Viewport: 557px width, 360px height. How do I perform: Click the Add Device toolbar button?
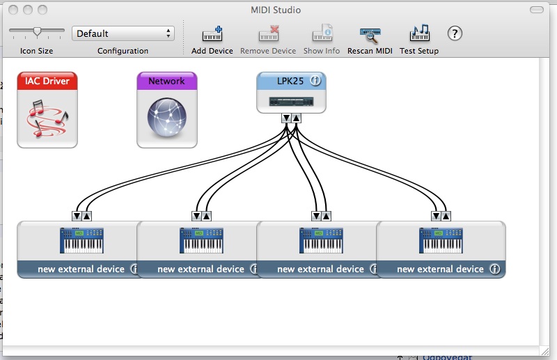pos(212,34)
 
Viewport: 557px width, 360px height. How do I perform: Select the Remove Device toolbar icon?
pos(268,34)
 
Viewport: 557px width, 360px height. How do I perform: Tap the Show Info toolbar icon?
pos(322,34)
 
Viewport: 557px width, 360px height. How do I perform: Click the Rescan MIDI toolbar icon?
pos(370,34)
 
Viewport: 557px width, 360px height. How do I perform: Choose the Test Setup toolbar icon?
pos(419,34)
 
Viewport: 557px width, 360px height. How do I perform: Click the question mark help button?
pos(455,33)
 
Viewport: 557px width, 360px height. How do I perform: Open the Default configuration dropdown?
pos(123,33)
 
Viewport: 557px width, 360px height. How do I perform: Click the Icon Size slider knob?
pos(38,31)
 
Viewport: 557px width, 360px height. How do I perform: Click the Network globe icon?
pos(167,117)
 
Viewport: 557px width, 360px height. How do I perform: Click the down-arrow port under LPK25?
pos(286,118)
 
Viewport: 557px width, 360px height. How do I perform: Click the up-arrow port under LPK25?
pos(296,118)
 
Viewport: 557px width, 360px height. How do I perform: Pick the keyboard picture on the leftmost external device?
pos(81,242)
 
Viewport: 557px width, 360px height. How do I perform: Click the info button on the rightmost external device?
pos(494,269)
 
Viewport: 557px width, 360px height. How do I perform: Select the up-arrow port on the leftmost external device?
pos(87,215)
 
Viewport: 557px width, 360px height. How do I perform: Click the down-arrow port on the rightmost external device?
pos(437,215)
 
